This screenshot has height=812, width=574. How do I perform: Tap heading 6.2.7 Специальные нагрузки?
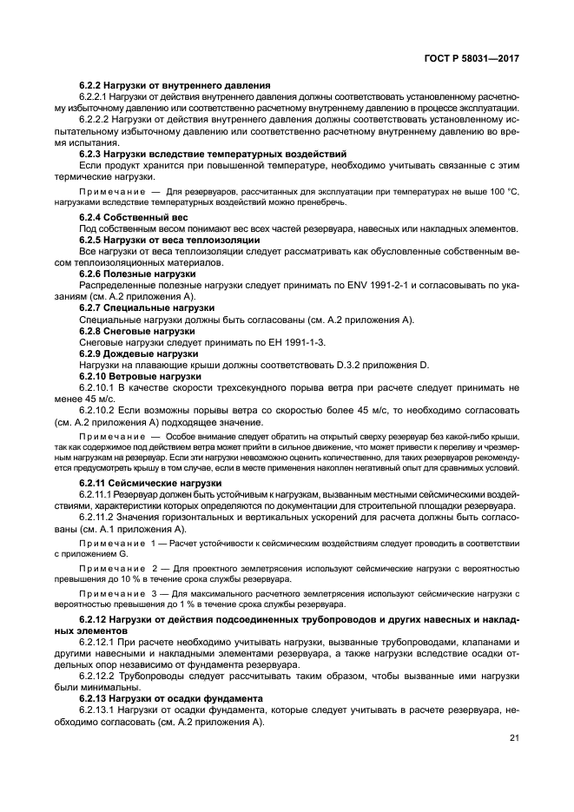pos(147,307)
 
